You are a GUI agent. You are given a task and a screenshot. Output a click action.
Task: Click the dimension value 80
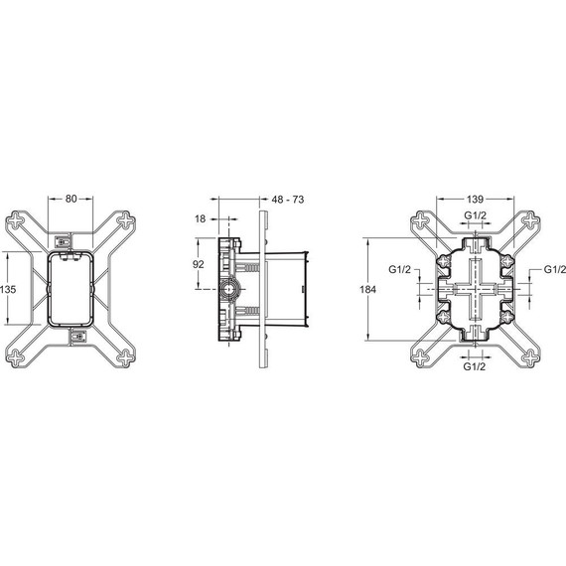point(71,199)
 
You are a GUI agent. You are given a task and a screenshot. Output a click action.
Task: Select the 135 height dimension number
point(9,289)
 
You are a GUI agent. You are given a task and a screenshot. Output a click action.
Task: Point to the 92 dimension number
point(198,265)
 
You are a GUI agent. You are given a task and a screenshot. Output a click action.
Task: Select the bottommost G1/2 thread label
point(476,366)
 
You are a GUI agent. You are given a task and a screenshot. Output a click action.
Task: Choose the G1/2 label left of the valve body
point(400,270)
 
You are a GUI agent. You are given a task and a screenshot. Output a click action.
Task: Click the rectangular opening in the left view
point(71,289)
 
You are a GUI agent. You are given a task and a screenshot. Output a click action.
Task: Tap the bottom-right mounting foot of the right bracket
point(530,357)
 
